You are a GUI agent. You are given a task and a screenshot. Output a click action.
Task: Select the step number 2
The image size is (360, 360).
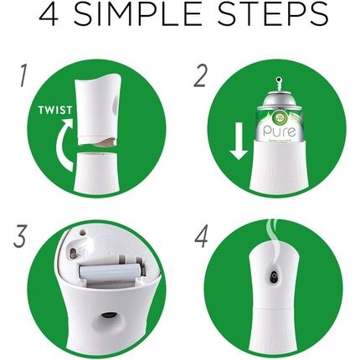201,77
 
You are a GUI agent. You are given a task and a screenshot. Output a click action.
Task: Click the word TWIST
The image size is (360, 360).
55,110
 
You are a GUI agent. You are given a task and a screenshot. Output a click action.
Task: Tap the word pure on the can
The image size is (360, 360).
278,130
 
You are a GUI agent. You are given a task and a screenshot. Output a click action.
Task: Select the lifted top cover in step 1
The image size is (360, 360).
95,109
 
